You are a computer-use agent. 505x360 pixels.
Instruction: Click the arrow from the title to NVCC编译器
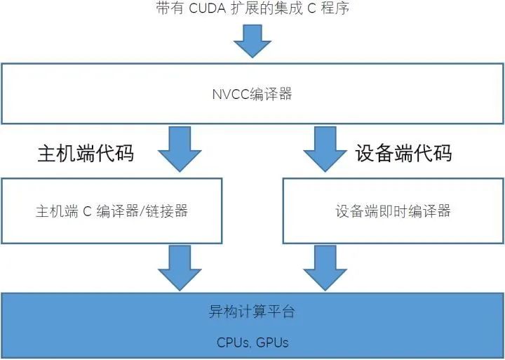(252, 41)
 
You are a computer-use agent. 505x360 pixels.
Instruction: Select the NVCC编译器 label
(252, 94)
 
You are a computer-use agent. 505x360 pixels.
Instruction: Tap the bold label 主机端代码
(86, 153)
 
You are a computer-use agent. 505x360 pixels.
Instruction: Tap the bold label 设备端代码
(403, 153)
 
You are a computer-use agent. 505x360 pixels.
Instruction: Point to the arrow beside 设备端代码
(324, 149)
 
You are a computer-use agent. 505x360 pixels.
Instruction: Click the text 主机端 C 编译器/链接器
(112, 211)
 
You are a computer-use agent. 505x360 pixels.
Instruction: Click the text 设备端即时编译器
(393, 211)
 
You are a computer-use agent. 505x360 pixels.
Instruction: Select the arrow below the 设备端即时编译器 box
(324, 267)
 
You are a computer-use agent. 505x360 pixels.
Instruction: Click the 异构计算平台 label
(252, 312)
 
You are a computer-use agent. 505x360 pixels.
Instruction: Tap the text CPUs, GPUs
(252, 343)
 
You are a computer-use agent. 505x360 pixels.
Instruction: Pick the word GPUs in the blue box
(272, 343)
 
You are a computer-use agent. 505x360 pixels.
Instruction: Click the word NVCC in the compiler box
(229, 94)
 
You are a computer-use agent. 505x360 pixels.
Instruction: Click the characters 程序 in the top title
(334, 9)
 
